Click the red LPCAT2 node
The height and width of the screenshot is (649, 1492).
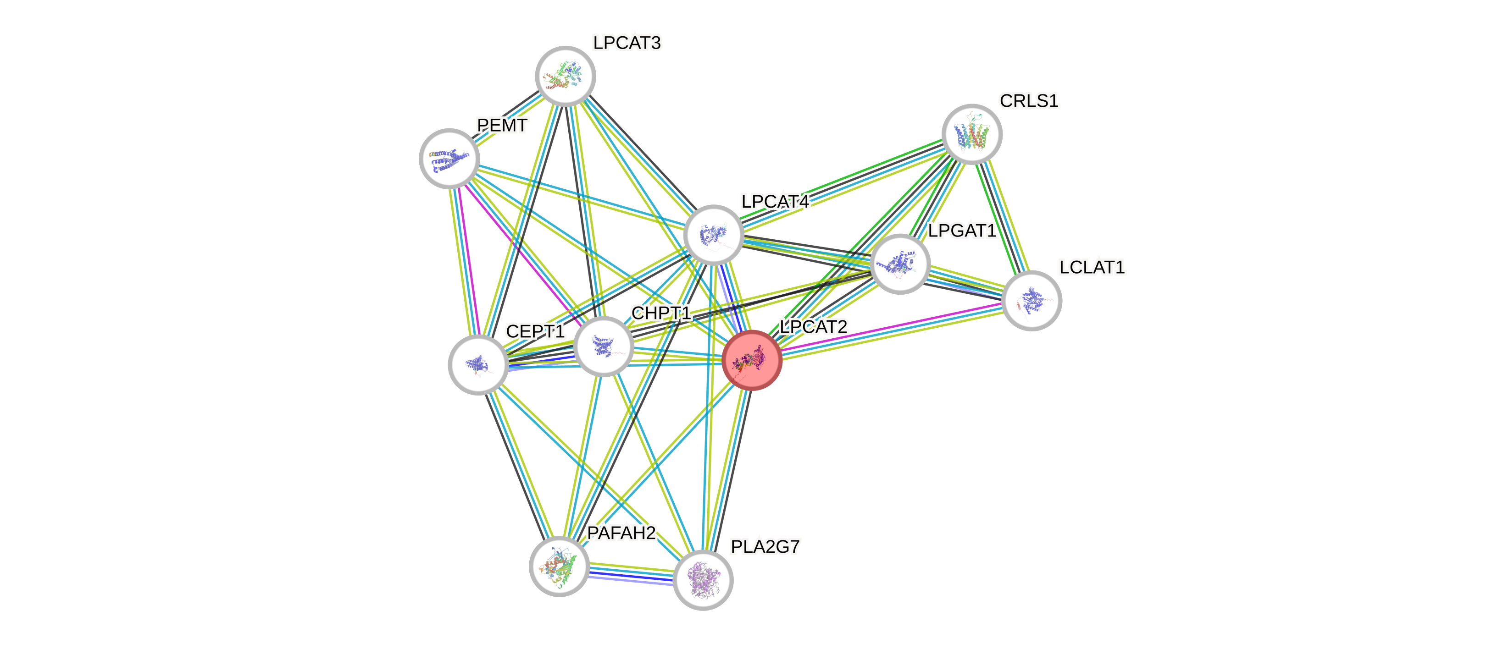(x=752, y=360)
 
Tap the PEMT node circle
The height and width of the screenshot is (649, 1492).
(x=449, y=158)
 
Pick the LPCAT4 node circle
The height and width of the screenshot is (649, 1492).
(x=713, y=235)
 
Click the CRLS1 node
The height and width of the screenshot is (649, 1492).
(x=971, y=134)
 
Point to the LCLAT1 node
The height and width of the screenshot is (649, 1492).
(x=1031, y=301)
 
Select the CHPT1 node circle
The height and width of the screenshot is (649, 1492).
(x=604, y=346)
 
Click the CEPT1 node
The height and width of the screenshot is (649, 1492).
(x=478, y=365)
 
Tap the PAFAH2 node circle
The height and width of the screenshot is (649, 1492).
(x=559, y=566)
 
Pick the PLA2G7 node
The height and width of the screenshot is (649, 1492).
(x=703, y=579)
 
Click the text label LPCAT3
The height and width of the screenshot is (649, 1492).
(x=627, y=43)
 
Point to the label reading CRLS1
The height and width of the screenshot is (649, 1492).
(x=1029, y=101)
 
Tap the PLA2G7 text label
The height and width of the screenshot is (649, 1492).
(x=765, y=546)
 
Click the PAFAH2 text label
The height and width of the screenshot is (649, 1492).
(x=621, y=533)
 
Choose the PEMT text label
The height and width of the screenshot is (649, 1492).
(x=502, y=125)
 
